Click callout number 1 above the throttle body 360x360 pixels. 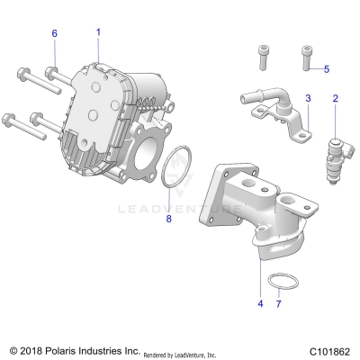(98, 32)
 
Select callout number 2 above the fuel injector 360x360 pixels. (335, 98)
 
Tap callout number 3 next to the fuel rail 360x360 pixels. (308, 97)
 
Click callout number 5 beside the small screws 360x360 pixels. (327, 68)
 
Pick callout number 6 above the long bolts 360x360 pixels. (54, 33)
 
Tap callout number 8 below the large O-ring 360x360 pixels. (167, 218)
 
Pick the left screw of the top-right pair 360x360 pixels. (262, 56)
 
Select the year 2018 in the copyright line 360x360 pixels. (32, 349)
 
